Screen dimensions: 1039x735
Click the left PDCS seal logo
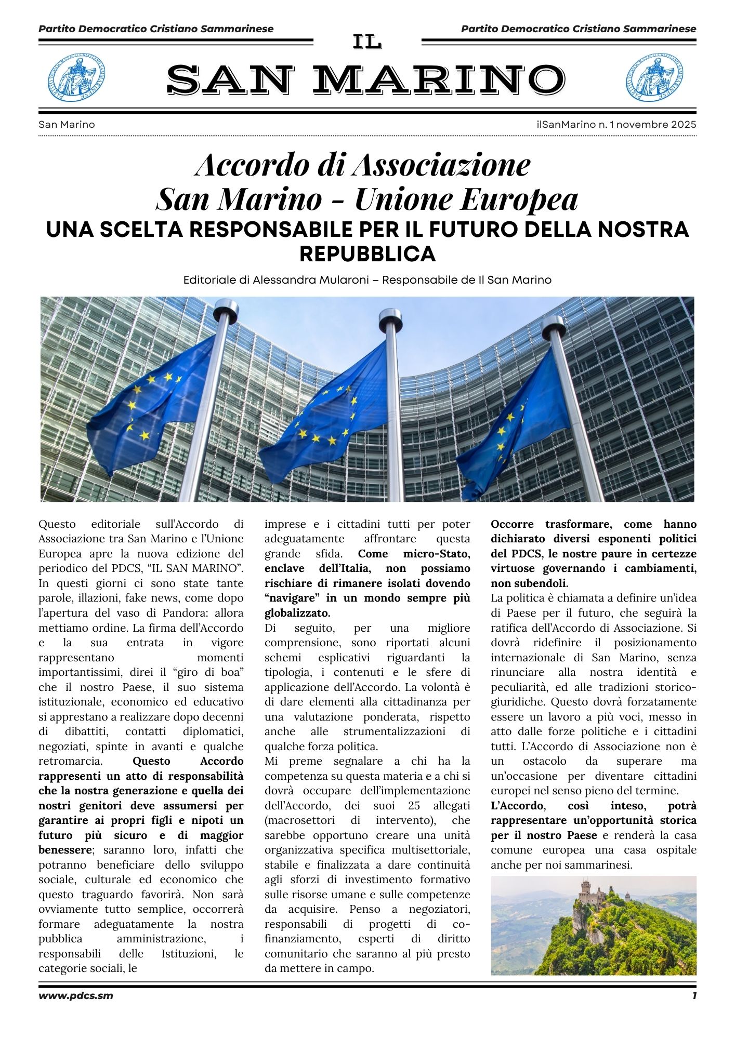[76, 77]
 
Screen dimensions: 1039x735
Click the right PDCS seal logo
[654, 77]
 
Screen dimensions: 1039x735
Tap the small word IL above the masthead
[367, 42]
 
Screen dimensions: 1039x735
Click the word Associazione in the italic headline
[441, 165]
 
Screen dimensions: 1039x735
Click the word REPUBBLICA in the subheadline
[367, 254]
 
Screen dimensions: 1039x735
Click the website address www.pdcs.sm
[76, 995]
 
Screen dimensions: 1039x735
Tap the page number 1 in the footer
[693, 995]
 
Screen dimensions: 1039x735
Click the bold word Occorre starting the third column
[515, 524]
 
